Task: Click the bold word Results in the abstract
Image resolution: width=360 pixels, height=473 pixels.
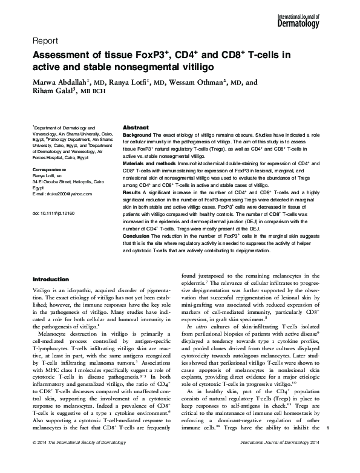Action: point(132,191)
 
